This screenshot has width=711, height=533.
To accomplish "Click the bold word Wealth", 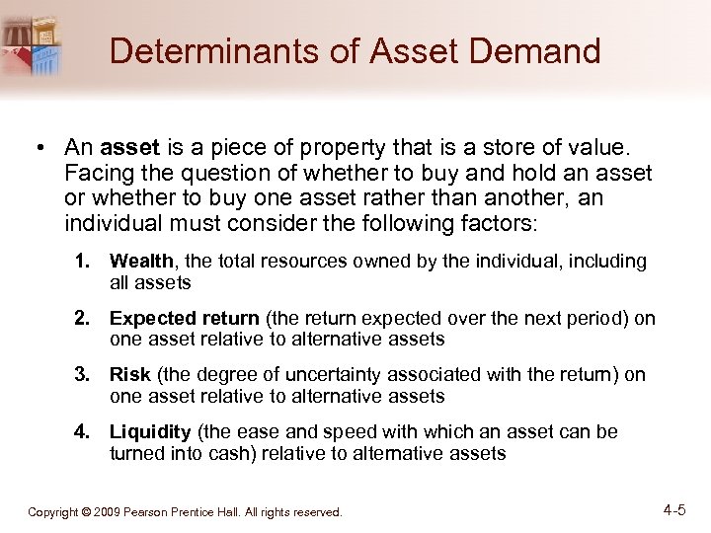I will click(141, 262).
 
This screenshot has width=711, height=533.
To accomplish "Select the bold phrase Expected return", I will click(184, 319).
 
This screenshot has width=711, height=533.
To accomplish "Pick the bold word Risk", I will click(130, 375).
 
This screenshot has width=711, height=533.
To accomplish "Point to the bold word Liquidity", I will click(150, 432).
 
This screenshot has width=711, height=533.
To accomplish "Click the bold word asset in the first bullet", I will click(131, 148).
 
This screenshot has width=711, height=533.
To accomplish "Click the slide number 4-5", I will click(675, 510).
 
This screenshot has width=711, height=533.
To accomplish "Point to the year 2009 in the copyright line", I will click(108, 512).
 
